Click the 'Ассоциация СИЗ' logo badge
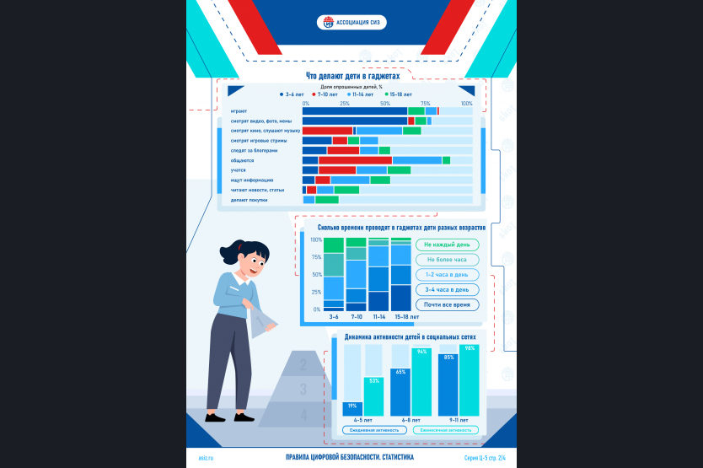point(351,23)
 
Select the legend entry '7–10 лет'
point(326,95)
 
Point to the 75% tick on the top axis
point(425,104)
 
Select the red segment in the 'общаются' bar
point(355,160)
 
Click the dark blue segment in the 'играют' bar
point(354,110)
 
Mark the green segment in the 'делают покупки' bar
point(326,200)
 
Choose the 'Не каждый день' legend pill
point(447,245)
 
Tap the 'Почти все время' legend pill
point(447,304)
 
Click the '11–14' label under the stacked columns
point(378,316)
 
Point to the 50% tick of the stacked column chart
point(316,275)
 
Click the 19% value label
point(351,406)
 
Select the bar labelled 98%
point(470,381)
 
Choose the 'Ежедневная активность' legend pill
point(375,430)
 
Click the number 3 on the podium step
point(303,390)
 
